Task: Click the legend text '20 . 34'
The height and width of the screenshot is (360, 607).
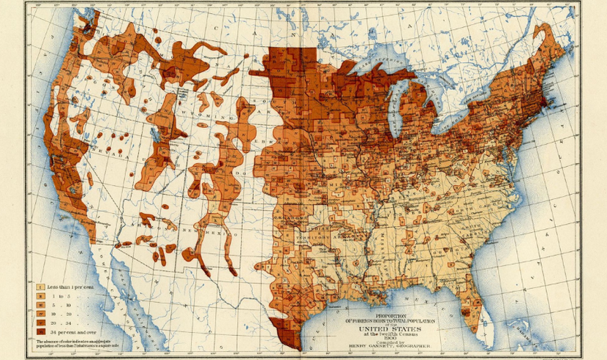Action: click(62, 322)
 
